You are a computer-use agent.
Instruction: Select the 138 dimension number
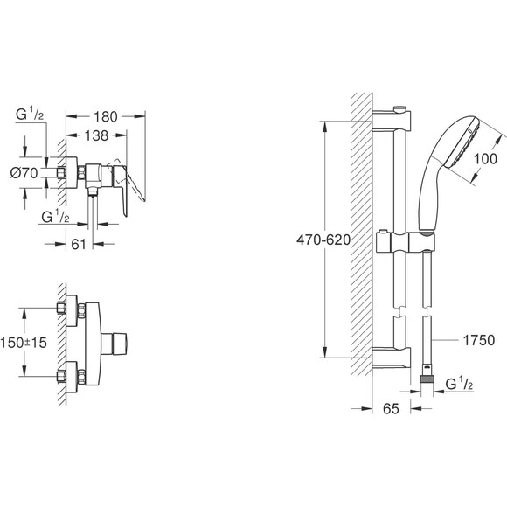point(97,137)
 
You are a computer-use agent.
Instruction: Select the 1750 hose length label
point(479,339)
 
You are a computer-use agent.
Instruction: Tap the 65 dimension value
point(392,407)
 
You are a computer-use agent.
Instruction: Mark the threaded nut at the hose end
point(428,376)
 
